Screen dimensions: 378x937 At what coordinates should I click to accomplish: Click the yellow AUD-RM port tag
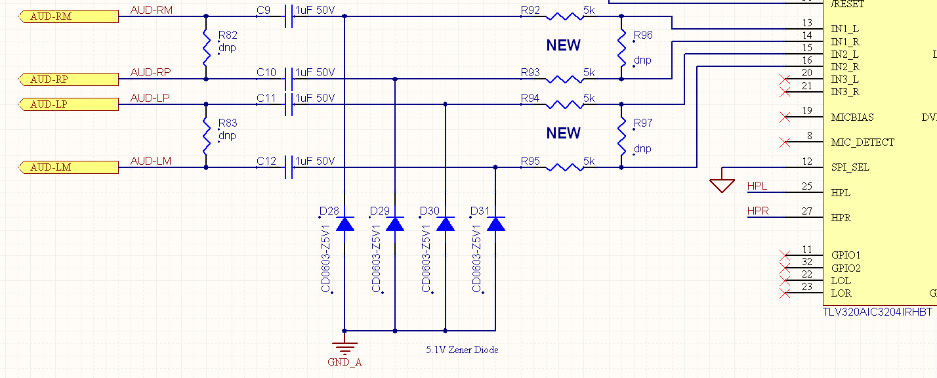click(x=69, y=16)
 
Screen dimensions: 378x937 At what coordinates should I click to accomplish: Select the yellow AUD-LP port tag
click(x=69, y=104)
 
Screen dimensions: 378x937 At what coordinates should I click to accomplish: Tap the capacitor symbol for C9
click(x=288, y=16)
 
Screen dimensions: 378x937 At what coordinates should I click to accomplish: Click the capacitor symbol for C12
click(x=288, y=167)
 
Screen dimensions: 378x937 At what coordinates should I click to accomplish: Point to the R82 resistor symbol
click(x=206, y=48)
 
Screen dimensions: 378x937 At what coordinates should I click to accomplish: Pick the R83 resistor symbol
click(x=206, y=136)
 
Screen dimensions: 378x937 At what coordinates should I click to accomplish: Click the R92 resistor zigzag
click(x=564, y=16)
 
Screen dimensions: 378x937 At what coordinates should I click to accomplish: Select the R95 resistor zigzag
click(x=564, y=167)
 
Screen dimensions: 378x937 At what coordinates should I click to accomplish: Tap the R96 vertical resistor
click(x=621, y=48)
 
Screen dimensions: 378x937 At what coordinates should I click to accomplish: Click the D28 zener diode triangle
click(x=344, y=224)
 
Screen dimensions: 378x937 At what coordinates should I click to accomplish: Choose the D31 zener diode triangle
click(x=496, y=224)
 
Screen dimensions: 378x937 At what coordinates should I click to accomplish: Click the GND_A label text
click(x=344, y=362)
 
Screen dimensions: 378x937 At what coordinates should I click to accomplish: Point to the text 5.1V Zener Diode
click(x=461, y=350)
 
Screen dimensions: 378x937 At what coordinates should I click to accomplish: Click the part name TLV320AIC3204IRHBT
click(x=877, y=312)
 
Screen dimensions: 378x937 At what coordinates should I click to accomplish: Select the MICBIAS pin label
click(x=853, y=117)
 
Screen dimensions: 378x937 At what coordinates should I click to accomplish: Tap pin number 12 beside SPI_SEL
click(x=807, y=161)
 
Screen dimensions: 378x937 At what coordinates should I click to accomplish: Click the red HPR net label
click(x=758, y=211)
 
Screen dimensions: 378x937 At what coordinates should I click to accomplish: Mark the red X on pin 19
click(x=783, y=117)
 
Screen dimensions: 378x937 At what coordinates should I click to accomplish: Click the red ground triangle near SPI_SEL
click(x=722, y=186)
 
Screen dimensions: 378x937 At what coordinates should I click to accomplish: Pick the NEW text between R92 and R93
click(x=564, y=45)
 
